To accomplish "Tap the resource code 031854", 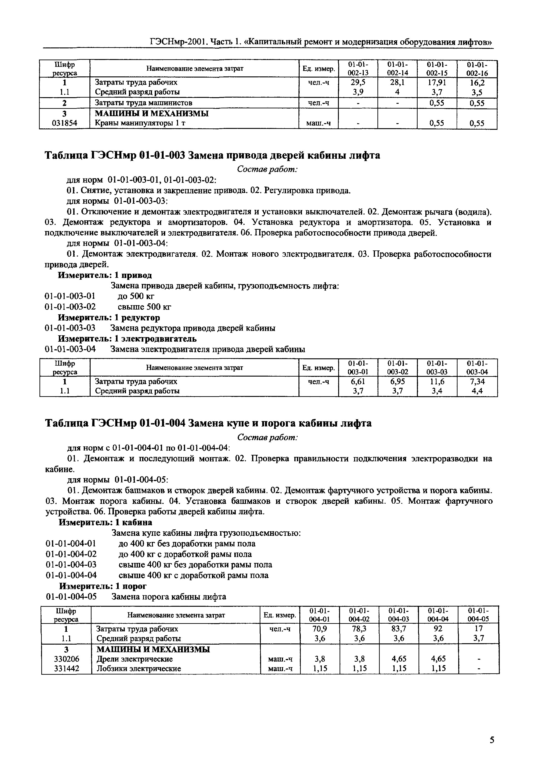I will click(x=65, y=123).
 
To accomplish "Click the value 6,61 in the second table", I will click(x=358, y=381).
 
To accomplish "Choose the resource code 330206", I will click(x=66, y=659).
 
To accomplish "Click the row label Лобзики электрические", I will click(x=139, y=668).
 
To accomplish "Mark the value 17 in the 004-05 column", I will click(x=478, y=629).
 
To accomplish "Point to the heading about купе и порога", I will click(x=208, y=423).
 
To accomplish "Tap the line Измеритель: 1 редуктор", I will click(x=109, y=318).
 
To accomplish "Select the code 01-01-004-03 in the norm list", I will click(x=71, y=565).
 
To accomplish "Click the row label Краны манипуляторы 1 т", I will click(x=140, y=123).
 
